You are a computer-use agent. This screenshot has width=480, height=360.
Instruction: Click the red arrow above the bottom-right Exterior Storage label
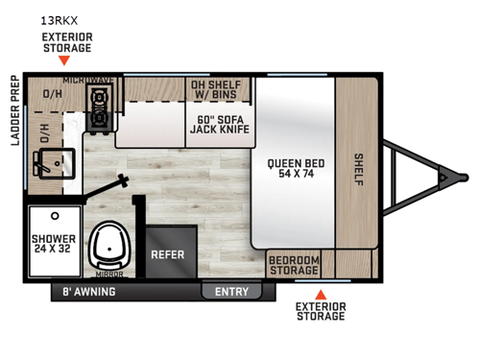click(321, 294)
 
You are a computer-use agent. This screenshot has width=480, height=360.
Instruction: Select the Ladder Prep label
click(13, 126)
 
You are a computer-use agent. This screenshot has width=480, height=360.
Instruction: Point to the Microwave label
click(87, 79)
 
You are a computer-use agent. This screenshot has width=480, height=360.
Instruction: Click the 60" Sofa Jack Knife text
click(219, 122)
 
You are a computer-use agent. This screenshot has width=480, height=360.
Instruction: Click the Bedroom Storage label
click(294, 265)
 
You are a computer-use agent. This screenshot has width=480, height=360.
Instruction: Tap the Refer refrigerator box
click(167, 256)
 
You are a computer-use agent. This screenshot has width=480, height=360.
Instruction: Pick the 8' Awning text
click(89, 291)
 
